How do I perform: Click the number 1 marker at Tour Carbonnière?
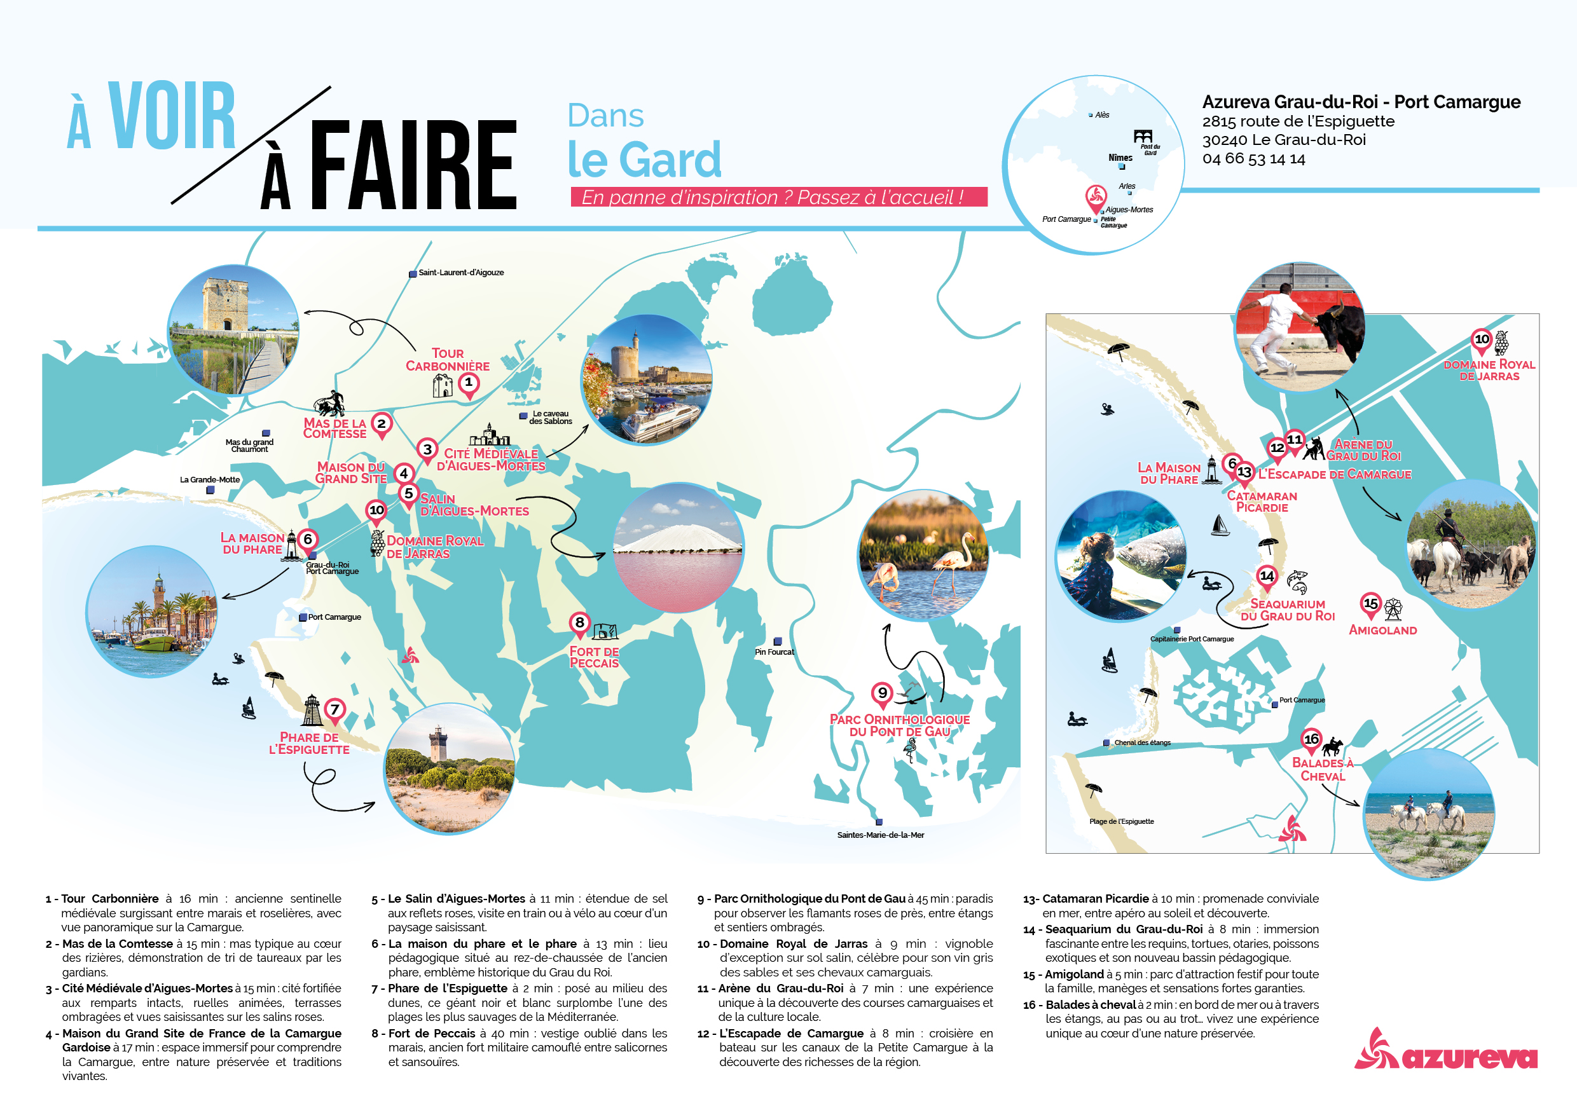click(x=469, y=383)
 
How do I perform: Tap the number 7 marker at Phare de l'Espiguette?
click(x=334, y=709)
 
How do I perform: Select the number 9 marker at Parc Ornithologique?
click(x=882, y=694)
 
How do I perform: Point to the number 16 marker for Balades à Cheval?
click(x=1311, y=739)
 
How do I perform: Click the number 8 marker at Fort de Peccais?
click(x=580, y=623)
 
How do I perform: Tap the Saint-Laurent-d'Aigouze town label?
click(x=461, y=273)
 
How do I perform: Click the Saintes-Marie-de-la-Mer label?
click(x=881, y=835)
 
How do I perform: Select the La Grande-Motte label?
click(x=209, y=479)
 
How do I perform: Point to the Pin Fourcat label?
click(x=774, y=652)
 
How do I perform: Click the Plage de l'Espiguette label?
click(x=1121, y=821)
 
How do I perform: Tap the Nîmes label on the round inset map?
click(x=1120, y=158)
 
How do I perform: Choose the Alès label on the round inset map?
click(x=1102, y=114)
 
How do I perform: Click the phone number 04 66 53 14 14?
click(x=1253, y=158)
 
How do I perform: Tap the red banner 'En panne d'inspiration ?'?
click(x=778, y=197)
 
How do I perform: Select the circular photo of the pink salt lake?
click(x=678, y=548)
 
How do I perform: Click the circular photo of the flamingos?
click(x=923, y=555)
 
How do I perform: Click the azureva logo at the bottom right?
click(x=1446, y=1052)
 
